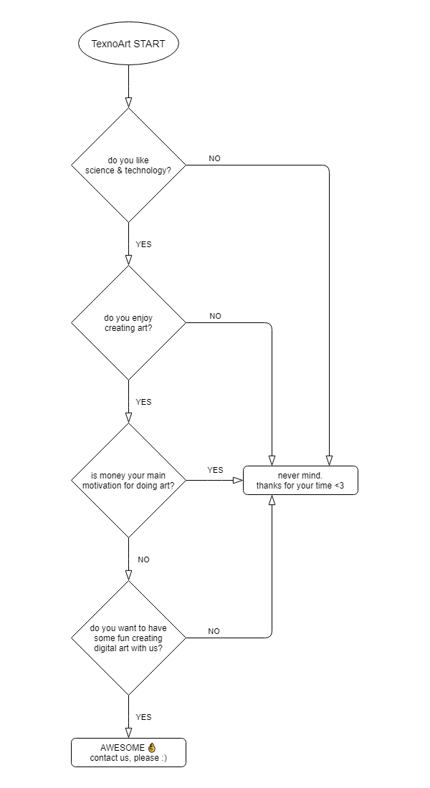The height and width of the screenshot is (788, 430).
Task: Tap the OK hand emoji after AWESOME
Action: click(152, 748)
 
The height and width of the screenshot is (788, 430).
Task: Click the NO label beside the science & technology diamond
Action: click(215, 158)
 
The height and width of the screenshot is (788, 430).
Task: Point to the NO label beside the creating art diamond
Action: click(215, 316)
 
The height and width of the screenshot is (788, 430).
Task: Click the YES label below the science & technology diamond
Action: click(143, 244)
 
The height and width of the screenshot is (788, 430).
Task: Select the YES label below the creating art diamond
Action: click(143, 402)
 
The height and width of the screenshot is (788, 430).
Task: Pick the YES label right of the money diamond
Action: click(215, 470)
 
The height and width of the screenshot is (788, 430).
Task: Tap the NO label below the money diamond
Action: click(143, 560)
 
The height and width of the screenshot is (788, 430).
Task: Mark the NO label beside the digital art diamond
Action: click(214, 631)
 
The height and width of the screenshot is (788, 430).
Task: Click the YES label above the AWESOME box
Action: click(143, 717)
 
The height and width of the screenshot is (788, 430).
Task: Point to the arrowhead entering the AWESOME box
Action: click(128, 734)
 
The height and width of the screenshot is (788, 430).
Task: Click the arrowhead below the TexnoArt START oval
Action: click(128, 102)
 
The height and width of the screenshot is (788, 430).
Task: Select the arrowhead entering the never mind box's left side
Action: click(239, 481)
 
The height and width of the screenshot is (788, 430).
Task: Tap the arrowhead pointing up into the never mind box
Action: click(272, 501)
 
